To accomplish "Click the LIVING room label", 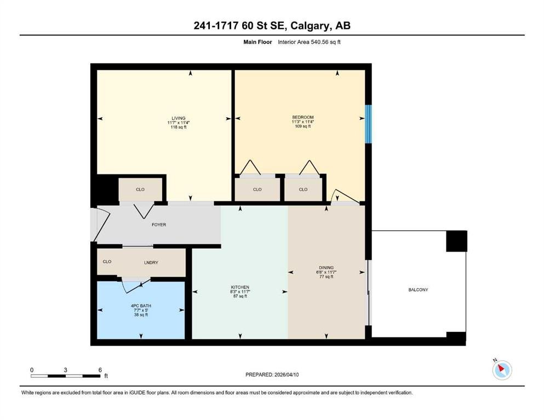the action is click(x=179, y=118).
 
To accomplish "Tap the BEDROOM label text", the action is click(x=303, y=118).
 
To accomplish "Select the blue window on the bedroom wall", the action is click(x=369, y=124).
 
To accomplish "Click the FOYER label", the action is click(x=159, y=225).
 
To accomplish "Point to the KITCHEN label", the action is click(x=240, y=288).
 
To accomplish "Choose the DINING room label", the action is click(x=326, y=267).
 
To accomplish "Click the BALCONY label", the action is click(x=418, y=290).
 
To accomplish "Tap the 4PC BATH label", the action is click(x=141, y=306).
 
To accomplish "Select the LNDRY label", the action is click(x=151, y=263).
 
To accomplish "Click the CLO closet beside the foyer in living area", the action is click(x=140, y=190).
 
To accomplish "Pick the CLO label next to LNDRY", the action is click(x=107, y=262).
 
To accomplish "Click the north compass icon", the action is click(x=502, y=370).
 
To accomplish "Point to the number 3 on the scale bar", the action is click(x=65, y=370).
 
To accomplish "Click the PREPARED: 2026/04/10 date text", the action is click(x=272, y=375).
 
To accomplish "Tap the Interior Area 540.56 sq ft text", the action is click(x=309, y=42).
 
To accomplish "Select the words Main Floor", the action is click(x=257, y=42).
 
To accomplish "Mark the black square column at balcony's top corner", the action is click(x=456, y=241).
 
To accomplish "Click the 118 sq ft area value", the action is click(x=179, y=127).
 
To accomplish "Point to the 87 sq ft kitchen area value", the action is click(x=240, y=296).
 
